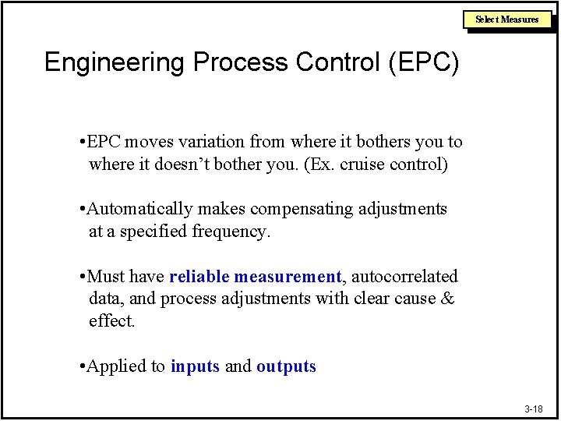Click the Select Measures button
pyautogui.click(x=507, y=19)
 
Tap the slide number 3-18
pyautogui.click(x=533, y=409)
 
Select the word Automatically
pyautogui.click(x=139, y=209)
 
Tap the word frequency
pyautogui.click(x=231, y=232)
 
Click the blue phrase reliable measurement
pyautogui.click(x=255, y=277)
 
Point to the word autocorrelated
pyautogui.click(x=405, y=277)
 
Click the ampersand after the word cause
pyautogui.click(x=447, y=299)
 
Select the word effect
pyautogui.click(x=111, y=321)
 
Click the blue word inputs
pyautogui.click(x=195, y=366)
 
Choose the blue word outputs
pyautogui.click(x=286, y=366)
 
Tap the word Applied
pyautogui.click(x=118, y=366)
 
